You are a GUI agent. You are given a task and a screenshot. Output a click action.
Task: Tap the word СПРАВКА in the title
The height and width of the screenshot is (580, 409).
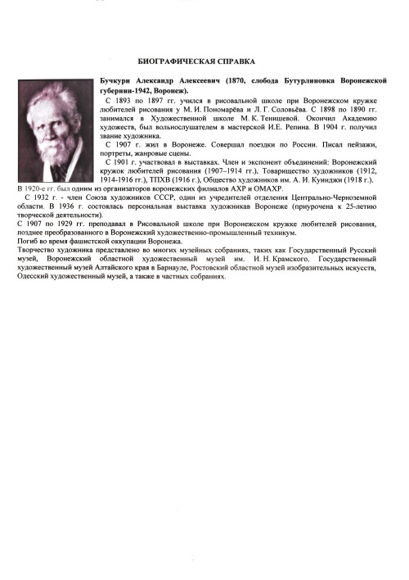pos(233,61)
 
